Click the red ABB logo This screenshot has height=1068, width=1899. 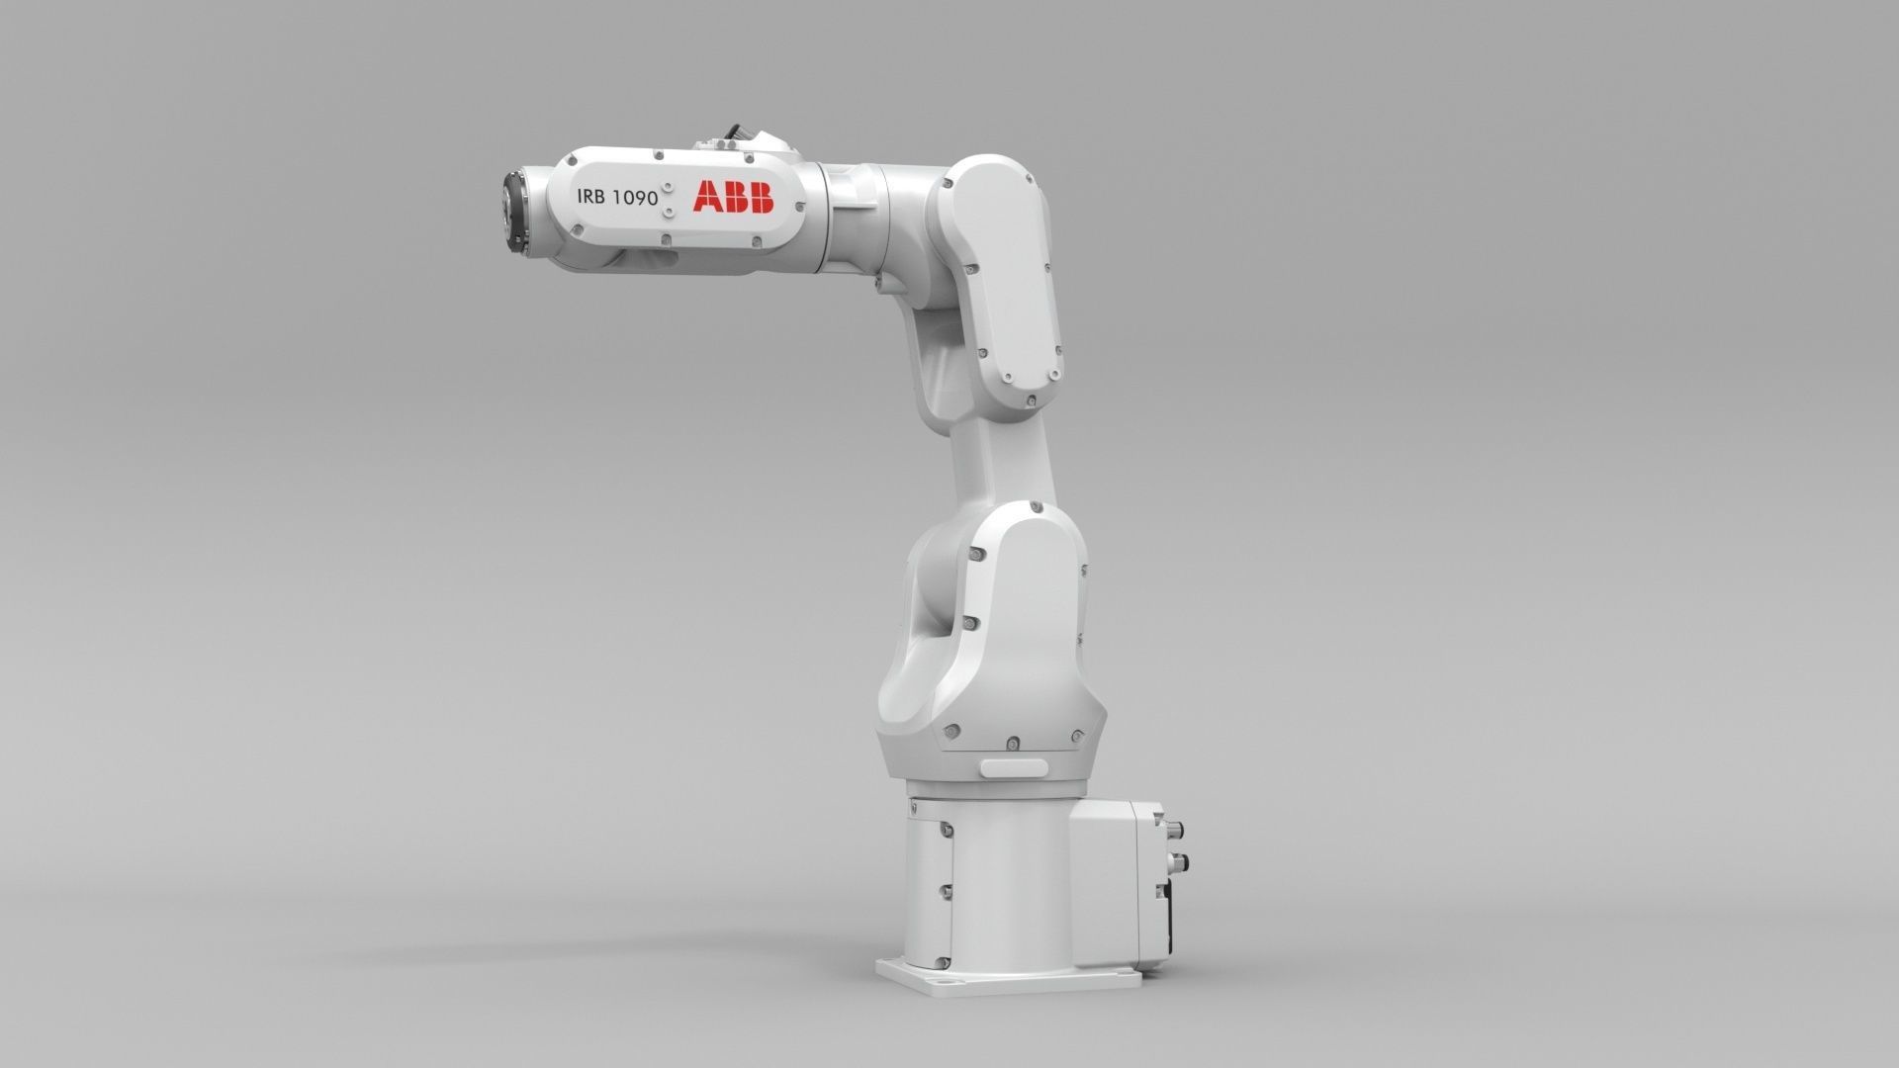pyautogui.click(x=733, y=196)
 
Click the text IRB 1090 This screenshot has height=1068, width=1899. pyautogui.click(x=617, y=197)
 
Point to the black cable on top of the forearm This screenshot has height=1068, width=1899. pyautogui.click(x=736, y=133)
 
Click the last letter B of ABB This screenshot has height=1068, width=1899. pyautogui.click(x=760, y=196)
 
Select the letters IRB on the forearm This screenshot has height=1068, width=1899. pyautogui.click(x=593, y=197)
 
